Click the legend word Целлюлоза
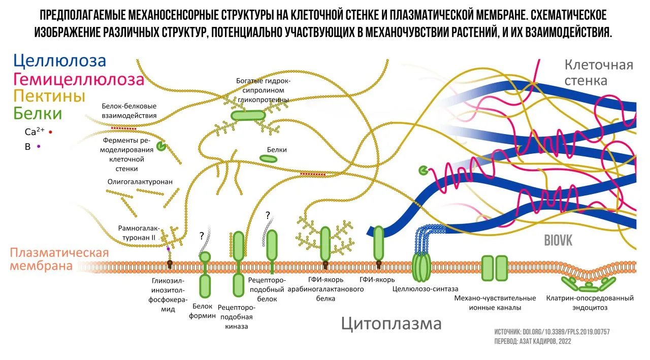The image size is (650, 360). tap(60, 61)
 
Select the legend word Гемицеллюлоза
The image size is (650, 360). tap(79, 79)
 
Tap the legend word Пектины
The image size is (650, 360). tap(49, 96)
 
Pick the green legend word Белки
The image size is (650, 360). tap(38, 114)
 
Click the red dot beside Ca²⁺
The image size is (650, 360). tap(51, 132)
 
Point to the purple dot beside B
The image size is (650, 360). tap(39, 147)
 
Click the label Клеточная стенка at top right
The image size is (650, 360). tap(599, 73)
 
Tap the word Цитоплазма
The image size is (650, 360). tap(391, 323)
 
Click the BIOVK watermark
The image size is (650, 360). tap(558, 240)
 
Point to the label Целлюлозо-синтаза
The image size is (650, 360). tap(426, 289)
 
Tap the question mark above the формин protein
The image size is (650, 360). tap(202, 236)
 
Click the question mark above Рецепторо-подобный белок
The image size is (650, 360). tap(267, 215)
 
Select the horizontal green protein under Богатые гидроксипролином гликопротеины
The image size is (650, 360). tap(248, 115)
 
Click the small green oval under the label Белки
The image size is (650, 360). tap(269, 159)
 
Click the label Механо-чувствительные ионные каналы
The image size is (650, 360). tap(495, 303)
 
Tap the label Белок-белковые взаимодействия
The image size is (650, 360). tap(129, 111)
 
